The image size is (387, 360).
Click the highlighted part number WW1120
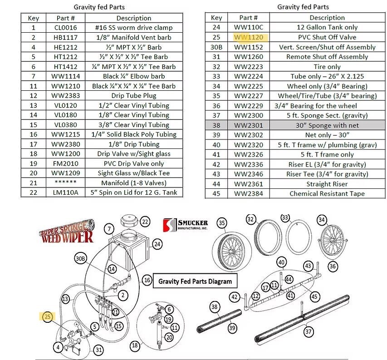point(249,37)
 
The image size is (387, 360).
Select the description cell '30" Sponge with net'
point(327,125)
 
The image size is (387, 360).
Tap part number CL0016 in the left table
point(66,28)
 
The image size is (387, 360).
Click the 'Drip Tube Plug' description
point(133,96)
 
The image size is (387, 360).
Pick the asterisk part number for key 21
point(66,183)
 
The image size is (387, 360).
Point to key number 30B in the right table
point(216,47)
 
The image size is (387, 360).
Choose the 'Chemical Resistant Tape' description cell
point(327,193)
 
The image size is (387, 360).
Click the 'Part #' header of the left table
point(66,18)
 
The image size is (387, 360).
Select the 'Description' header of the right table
point(327,18)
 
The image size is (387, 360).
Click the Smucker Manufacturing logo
point(186,225)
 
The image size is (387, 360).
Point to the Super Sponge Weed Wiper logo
point(69,232)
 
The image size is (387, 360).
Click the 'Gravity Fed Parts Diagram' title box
point(195,281)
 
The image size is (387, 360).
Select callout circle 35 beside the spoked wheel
point(222,223)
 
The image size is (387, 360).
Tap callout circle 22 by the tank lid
point(145,222)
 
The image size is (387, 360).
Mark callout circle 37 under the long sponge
point(309,332)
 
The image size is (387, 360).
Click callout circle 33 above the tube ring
point(284,217)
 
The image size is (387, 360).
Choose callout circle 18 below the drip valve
point(135,345)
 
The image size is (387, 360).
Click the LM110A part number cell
point(66,192)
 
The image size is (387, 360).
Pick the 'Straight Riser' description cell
point(327,184)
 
